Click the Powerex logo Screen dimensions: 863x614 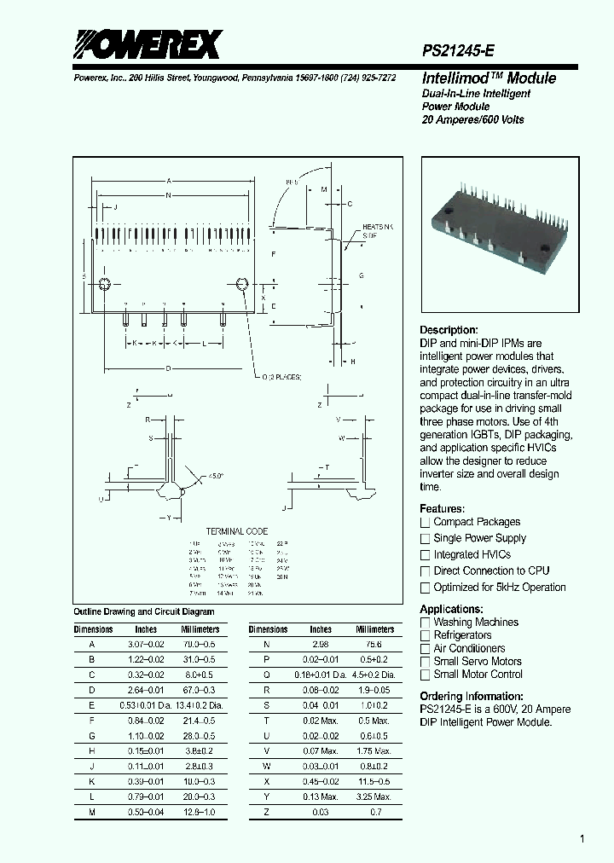click(146, 44)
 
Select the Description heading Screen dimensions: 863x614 click(449, 330)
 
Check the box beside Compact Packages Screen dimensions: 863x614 click(426, 523)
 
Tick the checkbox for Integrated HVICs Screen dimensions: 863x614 click(426, 555)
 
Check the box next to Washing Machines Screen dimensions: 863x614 click(426, 623)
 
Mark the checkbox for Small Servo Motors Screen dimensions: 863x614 click(426, 662)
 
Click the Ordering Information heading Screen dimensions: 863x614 click(472, 697)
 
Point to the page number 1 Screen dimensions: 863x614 click(582, 840)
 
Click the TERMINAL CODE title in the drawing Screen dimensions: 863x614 click(237, 531)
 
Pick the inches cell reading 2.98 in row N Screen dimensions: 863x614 click(321, 645)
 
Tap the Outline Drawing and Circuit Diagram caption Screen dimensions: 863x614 click(144, 611)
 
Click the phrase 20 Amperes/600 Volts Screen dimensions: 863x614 click(473, 119)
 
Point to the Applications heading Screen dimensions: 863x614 click(452, 609)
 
